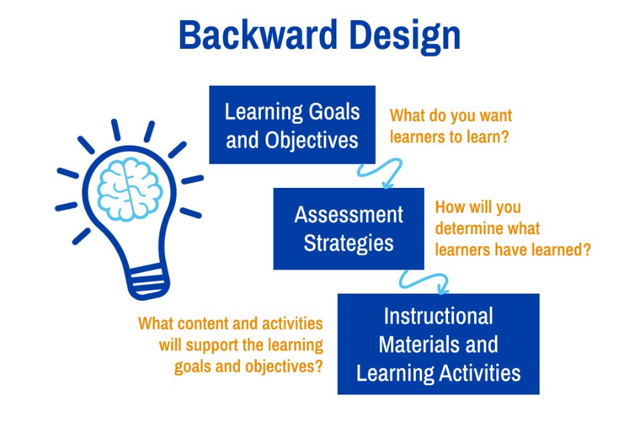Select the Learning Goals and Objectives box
point(292,125)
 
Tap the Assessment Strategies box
point(348,229)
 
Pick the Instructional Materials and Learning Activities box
point(438,344)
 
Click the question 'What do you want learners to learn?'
point(451,126)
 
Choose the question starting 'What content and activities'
point(231,345)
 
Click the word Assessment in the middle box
point(348,215)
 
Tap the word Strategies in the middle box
point(348,243)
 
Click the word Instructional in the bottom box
point(438,316)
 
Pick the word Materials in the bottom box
point(408,344)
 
